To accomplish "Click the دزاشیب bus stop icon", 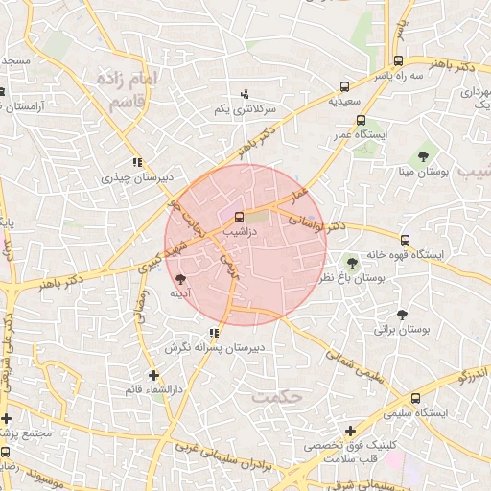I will [240, 217].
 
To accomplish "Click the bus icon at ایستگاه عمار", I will [361, 121].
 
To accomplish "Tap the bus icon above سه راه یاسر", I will [398, 60].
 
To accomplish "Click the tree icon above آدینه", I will [180, 279].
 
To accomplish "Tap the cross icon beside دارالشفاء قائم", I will [153, 375].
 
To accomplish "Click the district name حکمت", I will [276, 395].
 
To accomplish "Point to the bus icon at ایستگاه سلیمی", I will [415, 399].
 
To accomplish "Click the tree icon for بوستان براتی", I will [402, 315].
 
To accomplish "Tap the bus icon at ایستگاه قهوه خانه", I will [405, 240].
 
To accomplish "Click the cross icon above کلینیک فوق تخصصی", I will [351, 432].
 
